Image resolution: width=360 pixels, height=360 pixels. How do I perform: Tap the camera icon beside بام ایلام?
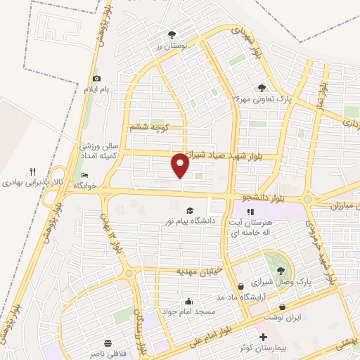97,78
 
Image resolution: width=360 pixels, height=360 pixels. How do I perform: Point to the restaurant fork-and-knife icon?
32,171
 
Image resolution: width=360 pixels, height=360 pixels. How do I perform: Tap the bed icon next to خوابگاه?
86,175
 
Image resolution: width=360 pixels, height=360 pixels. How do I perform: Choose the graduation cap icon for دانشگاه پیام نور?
188,210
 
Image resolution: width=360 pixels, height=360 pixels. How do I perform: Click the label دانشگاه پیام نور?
188,221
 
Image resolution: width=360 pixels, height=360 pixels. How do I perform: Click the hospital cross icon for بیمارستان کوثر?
264,338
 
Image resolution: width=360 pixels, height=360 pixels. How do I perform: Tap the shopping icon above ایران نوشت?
283,307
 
